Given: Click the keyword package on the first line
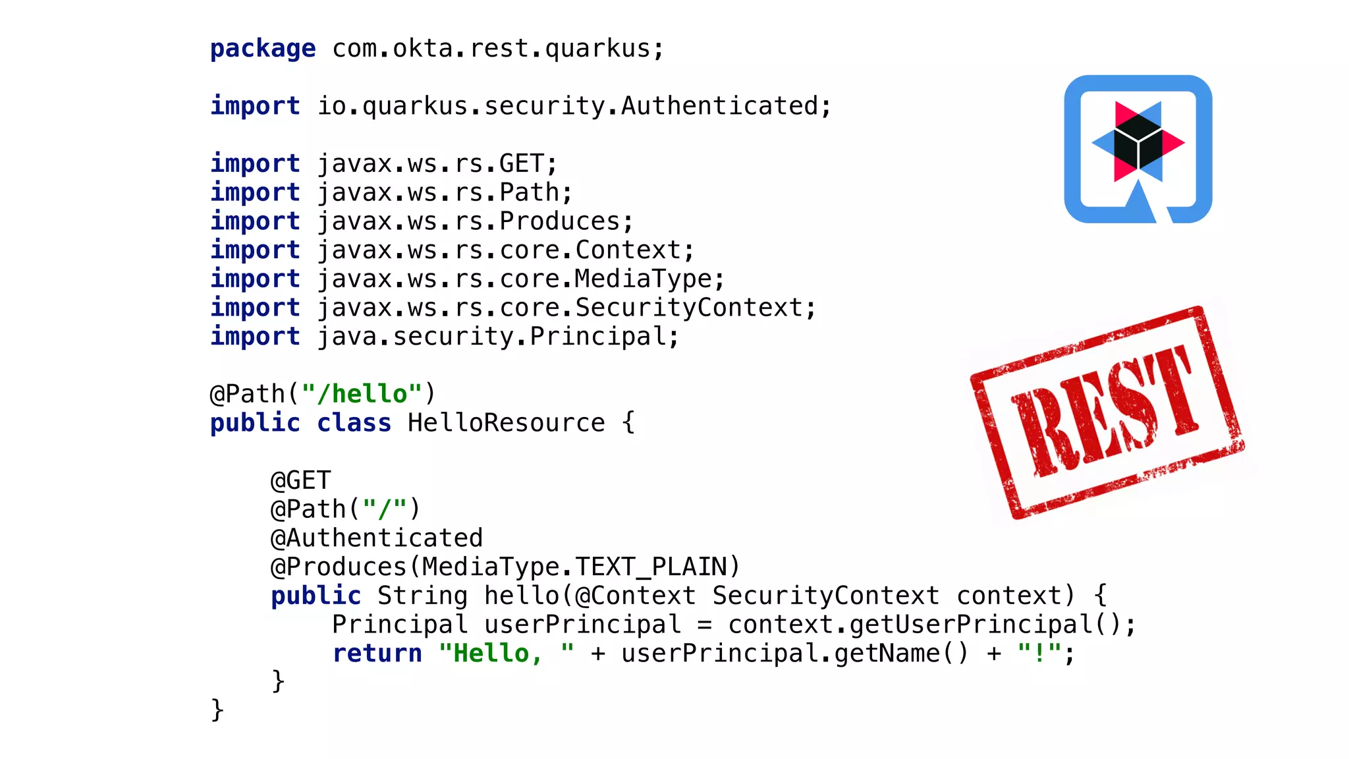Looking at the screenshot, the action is [x=262, y=49].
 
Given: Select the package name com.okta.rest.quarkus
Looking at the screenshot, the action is [x=497, y=49].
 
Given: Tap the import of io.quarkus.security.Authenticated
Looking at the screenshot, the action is [x=574, y=106].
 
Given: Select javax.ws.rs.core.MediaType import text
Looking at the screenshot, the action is [x=520, y=279].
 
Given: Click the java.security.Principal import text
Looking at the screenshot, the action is [x=497, y=337].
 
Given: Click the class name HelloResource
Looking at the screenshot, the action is [x=506, y=423].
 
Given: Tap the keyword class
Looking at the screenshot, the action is [x=354, y=423].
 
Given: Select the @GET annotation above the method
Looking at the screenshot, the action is [x=300, y=480].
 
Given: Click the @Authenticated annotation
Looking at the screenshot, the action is [x=377, y=538].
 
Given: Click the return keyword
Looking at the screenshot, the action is [x=377, y=654].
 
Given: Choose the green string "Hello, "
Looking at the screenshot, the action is [x=506, y=654].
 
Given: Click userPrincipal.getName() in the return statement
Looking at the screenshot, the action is [x=794, y=654].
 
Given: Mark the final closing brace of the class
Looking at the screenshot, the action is [x=217, y=710].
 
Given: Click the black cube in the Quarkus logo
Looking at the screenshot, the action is [x=1138, y=140].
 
